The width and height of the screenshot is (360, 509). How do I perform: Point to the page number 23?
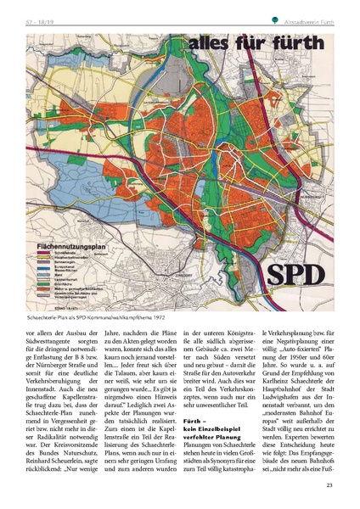(x=329, y=484)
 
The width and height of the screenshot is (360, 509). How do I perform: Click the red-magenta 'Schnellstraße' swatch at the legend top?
(x=45, y=251)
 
